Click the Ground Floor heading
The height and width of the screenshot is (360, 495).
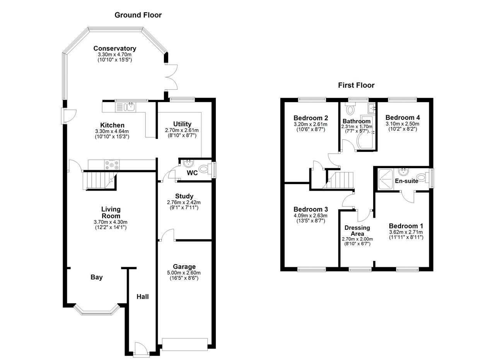click(x=138, y=15)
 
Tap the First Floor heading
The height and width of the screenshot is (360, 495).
click(x=356, y=85)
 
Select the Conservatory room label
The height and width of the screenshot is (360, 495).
click(x=114, y=48)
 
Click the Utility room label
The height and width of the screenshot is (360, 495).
click(x=182, y=124)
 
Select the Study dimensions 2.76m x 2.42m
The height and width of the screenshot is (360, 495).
click(x=184, y=202)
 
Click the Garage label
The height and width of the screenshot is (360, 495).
click(x=184, y=266)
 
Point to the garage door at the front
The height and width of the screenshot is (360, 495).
click(x=185, y=344)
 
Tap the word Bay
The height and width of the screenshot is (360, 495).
click(x=97, y=277)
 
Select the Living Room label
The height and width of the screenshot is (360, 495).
click(x=111, y=213)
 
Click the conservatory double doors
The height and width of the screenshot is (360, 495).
click(x=171, y=77)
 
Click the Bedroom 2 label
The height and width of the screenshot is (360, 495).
click(x=311, y=118)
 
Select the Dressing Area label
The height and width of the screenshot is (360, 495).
click(x=357, y=230)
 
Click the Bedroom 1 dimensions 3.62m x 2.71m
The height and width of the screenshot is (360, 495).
click(x=406, y=232)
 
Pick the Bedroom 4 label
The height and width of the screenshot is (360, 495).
click(x=402, y=118)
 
